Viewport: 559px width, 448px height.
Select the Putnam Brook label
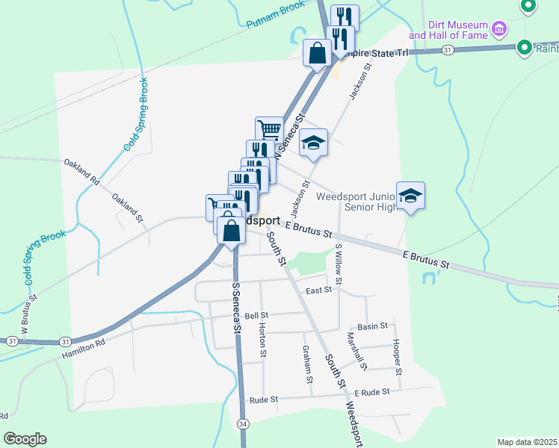(276, 14)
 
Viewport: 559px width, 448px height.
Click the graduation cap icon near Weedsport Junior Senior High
(410, 196)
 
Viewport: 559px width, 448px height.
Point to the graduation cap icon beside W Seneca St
(314, 143)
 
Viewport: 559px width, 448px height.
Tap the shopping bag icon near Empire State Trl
(317, 53)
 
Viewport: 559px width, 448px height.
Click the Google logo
(25, 439)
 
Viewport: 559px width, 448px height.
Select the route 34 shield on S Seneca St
(244, 424)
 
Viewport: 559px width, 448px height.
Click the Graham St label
(307, 364)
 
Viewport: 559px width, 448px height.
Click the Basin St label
(372, 326)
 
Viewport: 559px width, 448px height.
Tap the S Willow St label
(339, 263)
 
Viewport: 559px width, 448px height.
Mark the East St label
(318, 290)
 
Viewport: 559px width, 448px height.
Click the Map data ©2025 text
(526, 442)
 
